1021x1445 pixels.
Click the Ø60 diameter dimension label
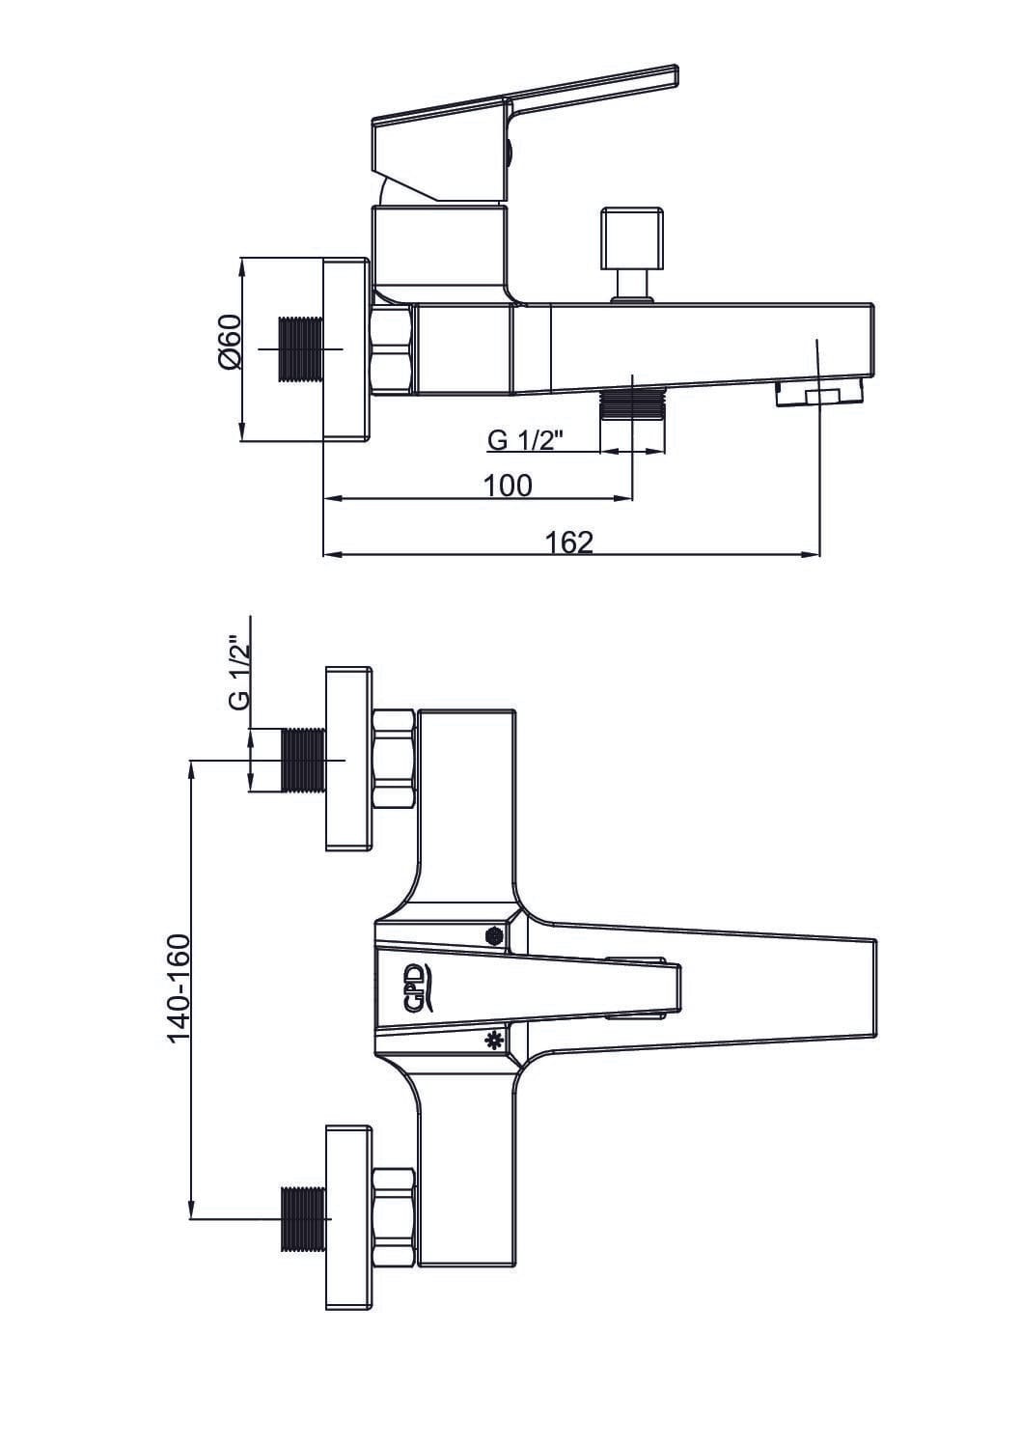pyautogui.click(x=231, y=342)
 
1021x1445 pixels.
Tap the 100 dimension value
pyautogui.click(x=508, y=486)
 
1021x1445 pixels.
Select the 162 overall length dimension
pyautogui.click(x=569, y=542)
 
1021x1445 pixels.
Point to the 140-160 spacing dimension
pyautogui.click(x=179, y=987)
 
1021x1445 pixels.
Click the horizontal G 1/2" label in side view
pyautogui.click(x=526, y=440)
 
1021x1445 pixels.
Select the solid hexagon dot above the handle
pyautogui.click(x=493, y=935)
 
